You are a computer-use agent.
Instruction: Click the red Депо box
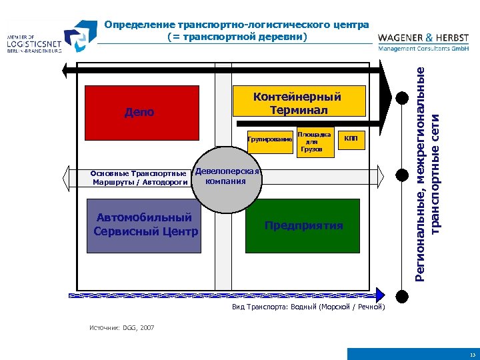(139, 112)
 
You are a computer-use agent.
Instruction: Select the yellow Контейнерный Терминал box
(299, 102)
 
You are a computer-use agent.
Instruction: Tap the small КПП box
(351, 139)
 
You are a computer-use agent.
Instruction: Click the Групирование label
(269, 139)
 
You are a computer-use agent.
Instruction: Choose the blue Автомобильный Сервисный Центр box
(144, 225)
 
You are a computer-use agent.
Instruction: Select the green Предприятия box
(303, 225)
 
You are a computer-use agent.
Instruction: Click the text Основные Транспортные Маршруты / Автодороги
(139, 177)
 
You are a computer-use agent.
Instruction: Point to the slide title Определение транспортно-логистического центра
(237, 25)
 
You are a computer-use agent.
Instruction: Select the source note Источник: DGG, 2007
(122, 328)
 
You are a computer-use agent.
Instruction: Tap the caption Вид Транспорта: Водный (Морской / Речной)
(309, 307)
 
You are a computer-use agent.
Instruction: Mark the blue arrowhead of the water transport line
(381, 294)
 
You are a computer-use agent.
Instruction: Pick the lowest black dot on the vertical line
(402, 294)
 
